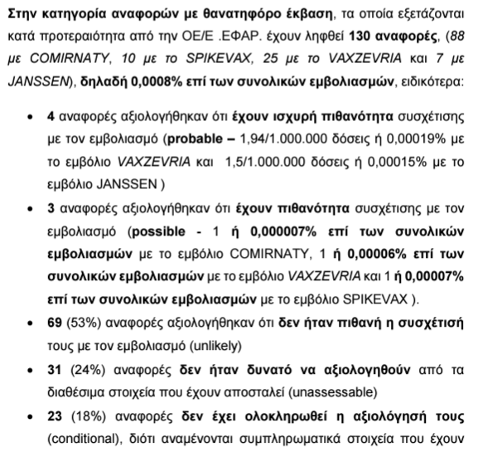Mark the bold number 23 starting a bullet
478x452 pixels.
pyautogui.click(x=56, y=418)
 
